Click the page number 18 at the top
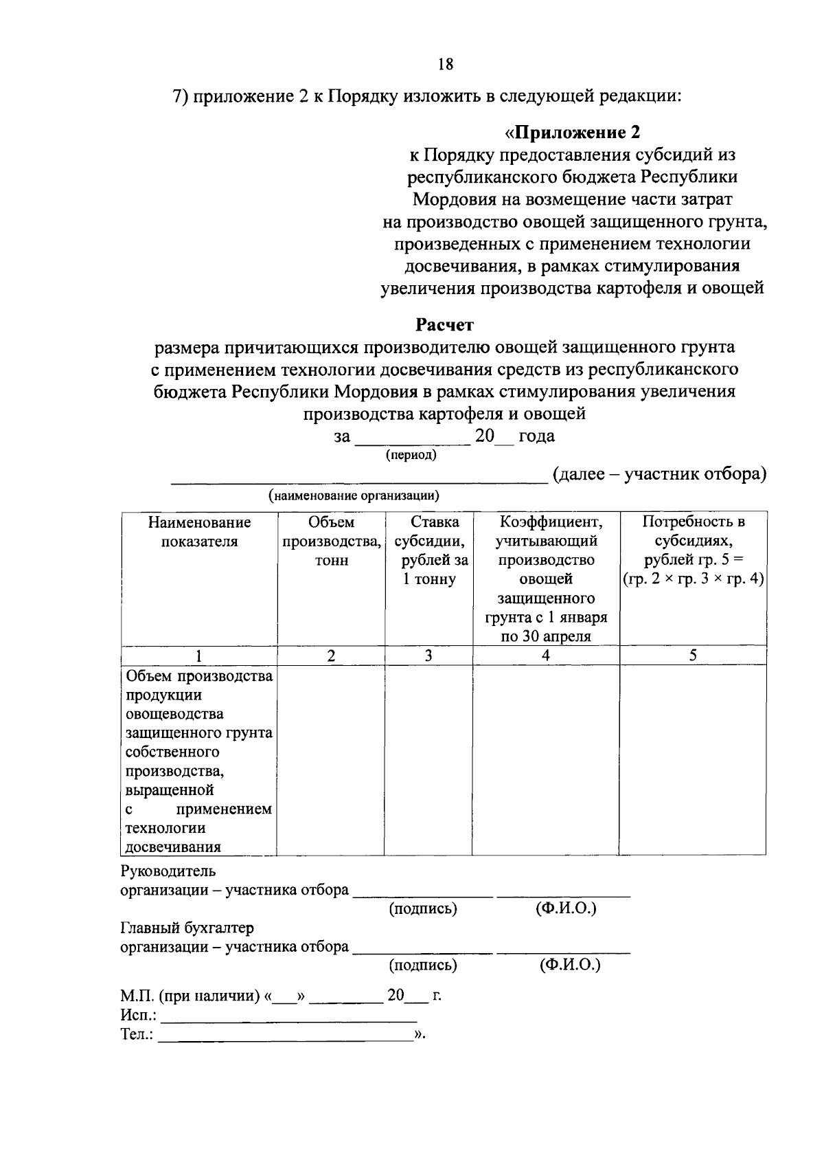(x=445, y=65)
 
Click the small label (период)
(x=411, y=454)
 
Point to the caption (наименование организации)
(x=354, y=495)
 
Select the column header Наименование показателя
(x=199, y=531)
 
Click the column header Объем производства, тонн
(x=332, y=541)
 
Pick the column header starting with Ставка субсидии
(x=429, y=550)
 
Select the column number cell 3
(x=428, y=656)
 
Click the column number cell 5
(x=693, y=656)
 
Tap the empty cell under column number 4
(x=546, y=759)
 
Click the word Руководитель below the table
(x=168, y=871)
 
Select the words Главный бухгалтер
(x=187, y=928)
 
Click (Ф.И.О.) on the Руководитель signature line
(x=566, y=908)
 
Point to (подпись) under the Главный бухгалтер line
(x=423, y=965)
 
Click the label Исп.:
(x=138, y=1015)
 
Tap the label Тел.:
(x=137, y=1034)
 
